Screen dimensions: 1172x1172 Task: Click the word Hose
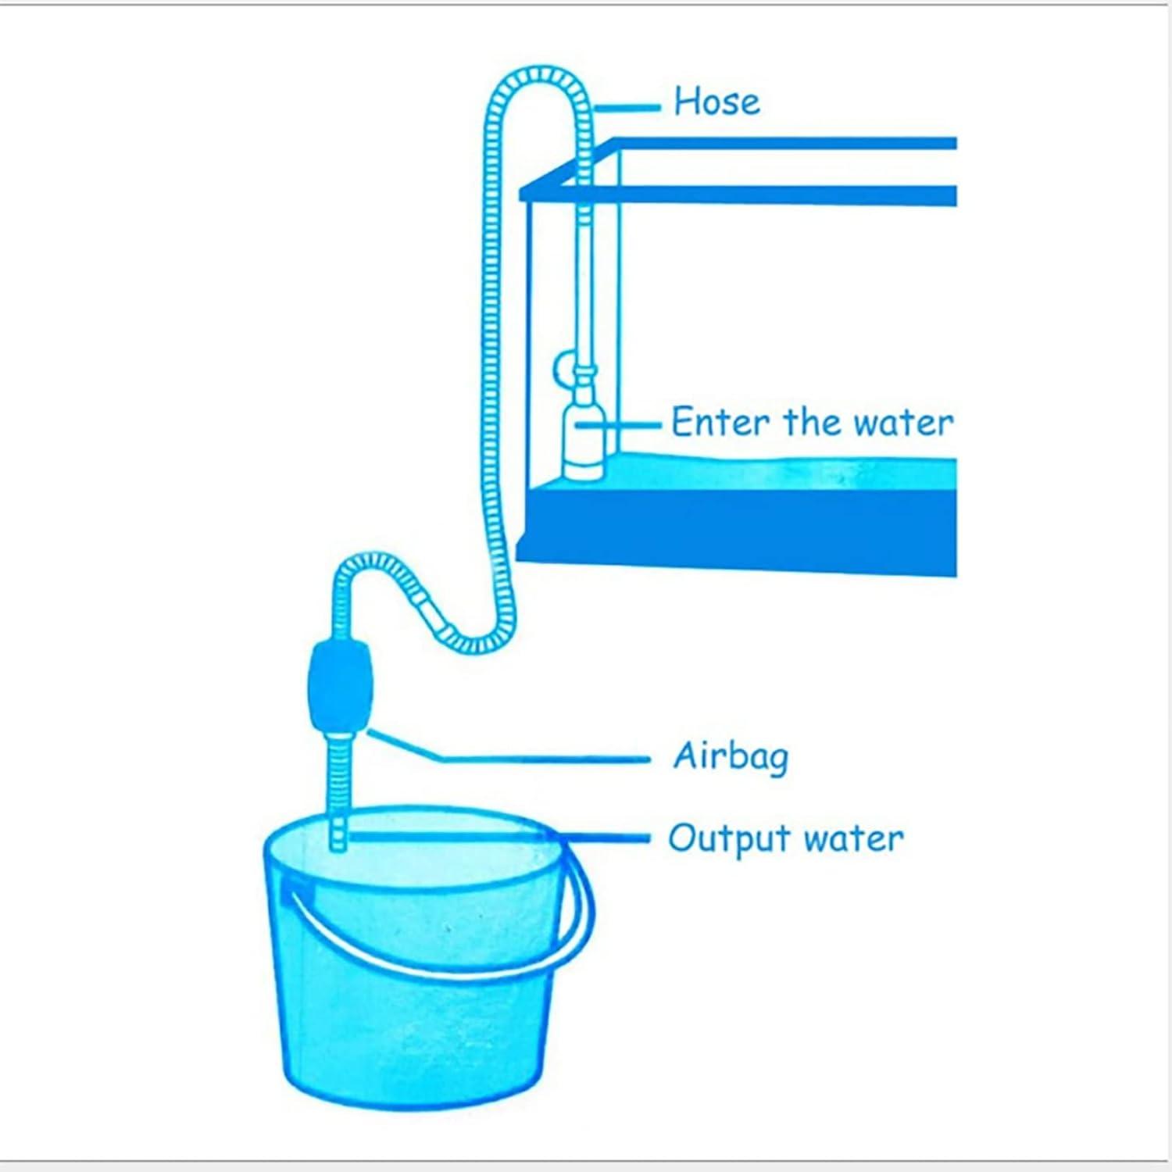pos(716,102)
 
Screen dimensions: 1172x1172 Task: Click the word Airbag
pos(731,756)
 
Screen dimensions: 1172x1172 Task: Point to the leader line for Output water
pos(500,838)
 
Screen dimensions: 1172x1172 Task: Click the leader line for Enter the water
pos(621,424)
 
